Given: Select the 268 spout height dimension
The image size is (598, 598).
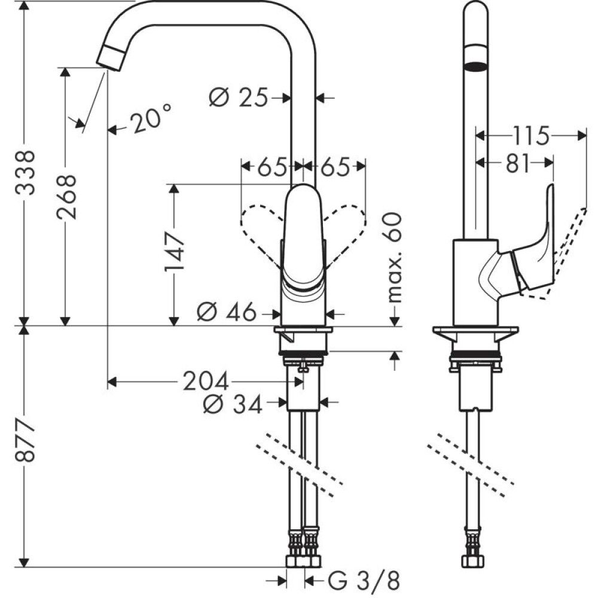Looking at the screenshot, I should click(x=67, y=197).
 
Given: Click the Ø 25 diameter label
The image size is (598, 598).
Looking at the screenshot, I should click(x=239, y=97).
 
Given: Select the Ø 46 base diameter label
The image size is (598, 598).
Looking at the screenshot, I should click(x=228, y=312).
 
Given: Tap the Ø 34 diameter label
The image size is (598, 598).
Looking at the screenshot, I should click(x=233, y=405).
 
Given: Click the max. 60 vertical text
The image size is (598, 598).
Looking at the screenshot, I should click(x=393, y=258).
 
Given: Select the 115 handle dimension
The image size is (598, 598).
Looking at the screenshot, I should click(x=531, y=136).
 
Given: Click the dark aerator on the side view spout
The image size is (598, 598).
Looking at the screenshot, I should click(x=476, y=66).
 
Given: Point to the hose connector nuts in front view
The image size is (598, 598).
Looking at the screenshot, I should click(x=304, y=560).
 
